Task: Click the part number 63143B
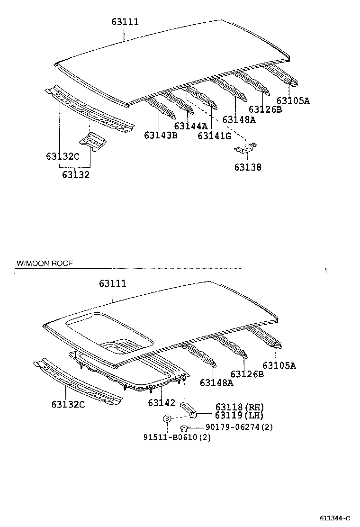(x=161, y=136)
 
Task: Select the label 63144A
(x=190, y=126)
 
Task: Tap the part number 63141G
(x=214, y=136)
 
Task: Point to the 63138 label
(x=247, y=167)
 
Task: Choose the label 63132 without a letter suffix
(x=75, y=175)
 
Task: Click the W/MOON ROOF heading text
(x=45, y=263)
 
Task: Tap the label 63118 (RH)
(x=239, y=407)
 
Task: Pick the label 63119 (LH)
(x=239, y=415)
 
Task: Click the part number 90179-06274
(x=239, y=427)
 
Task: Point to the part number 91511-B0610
(x=177, y=437)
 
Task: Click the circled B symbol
(x=167, y=418)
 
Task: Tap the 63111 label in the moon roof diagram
(x=113, y=283)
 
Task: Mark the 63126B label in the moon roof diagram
(x=247, y=374)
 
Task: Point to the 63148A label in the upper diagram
(x=239, y=120)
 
